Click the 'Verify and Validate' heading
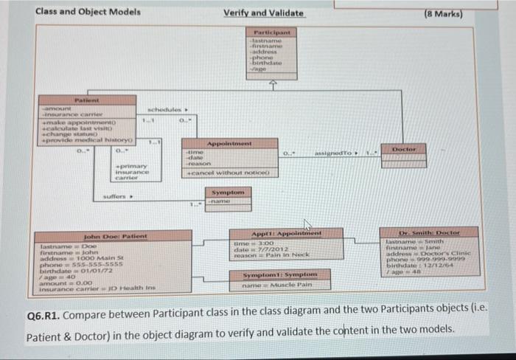(x=263, y=13)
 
